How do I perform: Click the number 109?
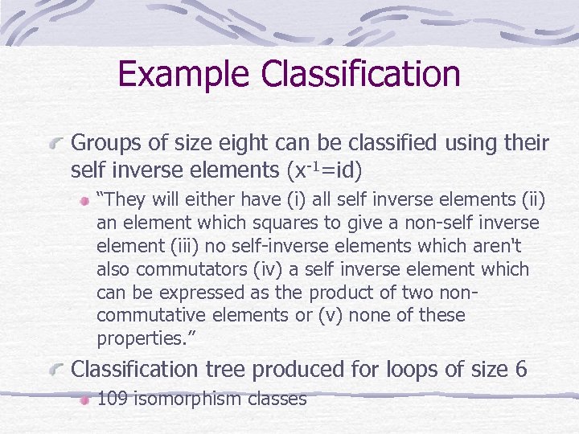(113, 399)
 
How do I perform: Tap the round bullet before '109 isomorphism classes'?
(84, 399)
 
